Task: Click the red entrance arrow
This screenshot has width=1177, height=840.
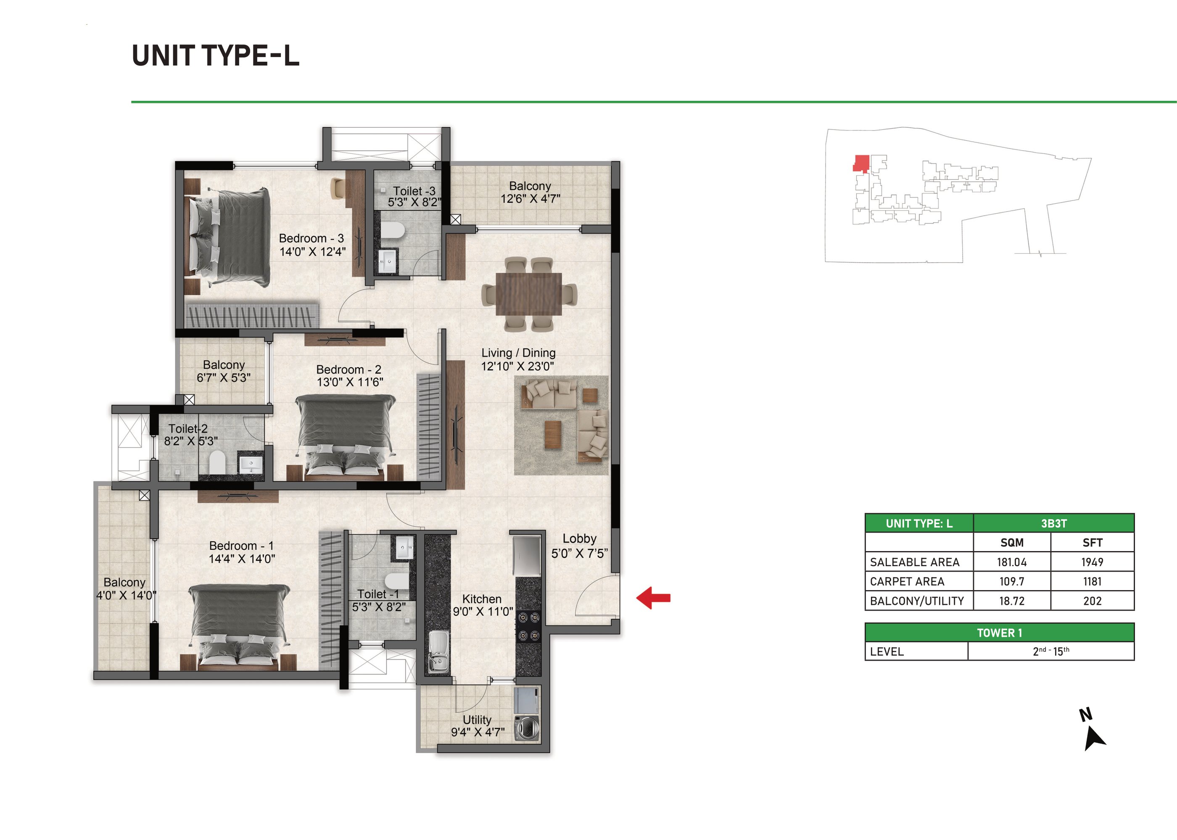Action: pos(653,598)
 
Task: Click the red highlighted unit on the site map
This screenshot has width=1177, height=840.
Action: pos(861,163)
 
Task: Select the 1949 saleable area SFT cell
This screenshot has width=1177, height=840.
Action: pos(1092,562)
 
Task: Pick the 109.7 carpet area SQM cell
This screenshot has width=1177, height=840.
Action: pos(1012,581)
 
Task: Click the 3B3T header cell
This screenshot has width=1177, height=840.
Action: pos(1054,523)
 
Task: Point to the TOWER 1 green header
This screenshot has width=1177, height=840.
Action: pos(1000,633)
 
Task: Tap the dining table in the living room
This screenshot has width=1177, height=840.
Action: pos(528,294)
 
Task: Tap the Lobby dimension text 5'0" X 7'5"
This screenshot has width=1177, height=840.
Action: pos(579,554)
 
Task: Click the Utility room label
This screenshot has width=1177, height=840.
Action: pos(477,719)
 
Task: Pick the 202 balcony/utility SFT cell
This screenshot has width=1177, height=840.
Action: pos(1092,601)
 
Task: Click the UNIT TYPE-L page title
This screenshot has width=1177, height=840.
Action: pos(216,56)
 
